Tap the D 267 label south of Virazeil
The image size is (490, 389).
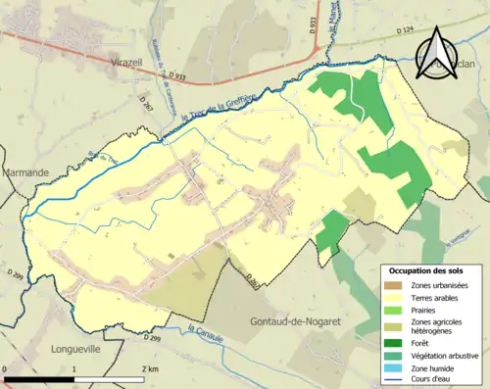[x=145, y=100]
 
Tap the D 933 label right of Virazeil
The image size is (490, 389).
[x=176, y=75]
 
